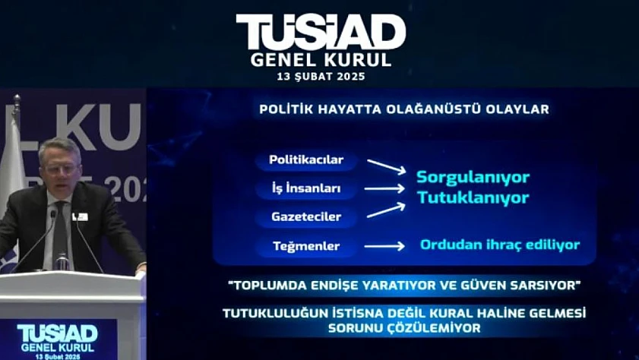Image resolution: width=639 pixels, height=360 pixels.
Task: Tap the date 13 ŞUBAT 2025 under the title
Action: [321, 77]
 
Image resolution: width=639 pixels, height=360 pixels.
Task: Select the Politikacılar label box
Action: [306, 160]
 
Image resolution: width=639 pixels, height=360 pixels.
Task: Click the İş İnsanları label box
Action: [306, 188]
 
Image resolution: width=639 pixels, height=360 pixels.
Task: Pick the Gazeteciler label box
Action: [306, 216]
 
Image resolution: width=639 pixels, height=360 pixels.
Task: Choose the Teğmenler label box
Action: [306, 246]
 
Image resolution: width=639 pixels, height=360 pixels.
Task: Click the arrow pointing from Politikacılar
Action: [386, 166]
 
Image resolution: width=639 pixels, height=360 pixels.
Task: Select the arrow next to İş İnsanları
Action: [384, 188]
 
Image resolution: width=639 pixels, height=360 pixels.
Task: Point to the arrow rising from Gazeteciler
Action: [386, 210]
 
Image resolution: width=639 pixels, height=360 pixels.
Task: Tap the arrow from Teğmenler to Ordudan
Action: [384, 246]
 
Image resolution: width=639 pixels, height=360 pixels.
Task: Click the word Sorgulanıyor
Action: [473, 178]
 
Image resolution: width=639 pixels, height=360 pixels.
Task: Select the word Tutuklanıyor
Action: [473, 198]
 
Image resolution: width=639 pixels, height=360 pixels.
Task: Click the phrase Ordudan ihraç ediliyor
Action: [500, 245]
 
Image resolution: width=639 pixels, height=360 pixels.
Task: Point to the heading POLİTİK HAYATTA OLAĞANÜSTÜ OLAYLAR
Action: [404, 109]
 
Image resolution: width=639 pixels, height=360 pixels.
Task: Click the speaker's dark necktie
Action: [60, 233]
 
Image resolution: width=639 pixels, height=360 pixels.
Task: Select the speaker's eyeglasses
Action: [61, 169]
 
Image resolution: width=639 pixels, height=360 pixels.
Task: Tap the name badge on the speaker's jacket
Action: [81, 216]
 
